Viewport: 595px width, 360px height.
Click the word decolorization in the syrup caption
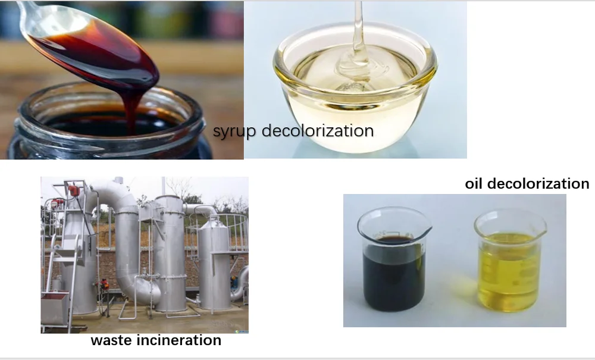tap(318, 130)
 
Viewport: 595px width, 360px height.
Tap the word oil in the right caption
tap(474, 183)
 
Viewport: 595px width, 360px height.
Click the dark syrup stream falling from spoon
tap(132, 107)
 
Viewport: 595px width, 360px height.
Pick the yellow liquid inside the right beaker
tap(509, 271)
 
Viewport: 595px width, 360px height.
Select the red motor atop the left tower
tap(74, 190)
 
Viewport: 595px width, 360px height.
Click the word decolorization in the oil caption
tap(538, 183)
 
